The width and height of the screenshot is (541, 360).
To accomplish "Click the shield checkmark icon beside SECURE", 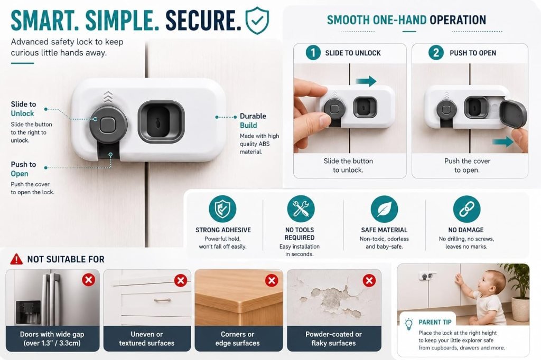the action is [257, 21].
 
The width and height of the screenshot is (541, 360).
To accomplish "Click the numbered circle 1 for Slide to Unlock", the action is [313, 53].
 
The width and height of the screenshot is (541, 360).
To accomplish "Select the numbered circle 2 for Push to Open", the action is [436, 53].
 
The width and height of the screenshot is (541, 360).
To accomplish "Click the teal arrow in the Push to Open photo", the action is [503, 141].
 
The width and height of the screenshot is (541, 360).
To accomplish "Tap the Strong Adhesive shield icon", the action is [222, 209].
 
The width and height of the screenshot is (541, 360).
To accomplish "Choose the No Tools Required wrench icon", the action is [301, 209].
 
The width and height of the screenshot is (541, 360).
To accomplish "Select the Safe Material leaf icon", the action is [384, 209].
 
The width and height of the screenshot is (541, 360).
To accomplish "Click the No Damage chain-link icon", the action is [467, 209].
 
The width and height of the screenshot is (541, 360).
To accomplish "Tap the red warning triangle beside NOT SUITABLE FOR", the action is [16, 259].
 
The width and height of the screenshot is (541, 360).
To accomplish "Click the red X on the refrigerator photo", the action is [89, 279].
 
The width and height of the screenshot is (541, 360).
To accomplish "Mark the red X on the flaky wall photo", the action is [369, 280].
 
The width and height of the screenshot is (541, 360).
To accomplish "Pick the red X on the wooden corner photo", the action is [272, 280].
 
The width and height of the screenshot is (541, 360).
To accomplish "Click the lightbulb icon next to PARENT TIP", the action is [409, 324].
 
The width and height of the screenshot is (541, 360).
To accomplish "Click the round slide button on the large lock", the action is [108, 125].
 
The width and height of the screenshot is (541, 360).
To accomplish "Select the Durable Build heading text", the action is [253, 121].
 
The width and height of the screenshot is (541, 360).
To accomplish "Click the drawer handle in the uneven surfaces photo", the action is [162, 300].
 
